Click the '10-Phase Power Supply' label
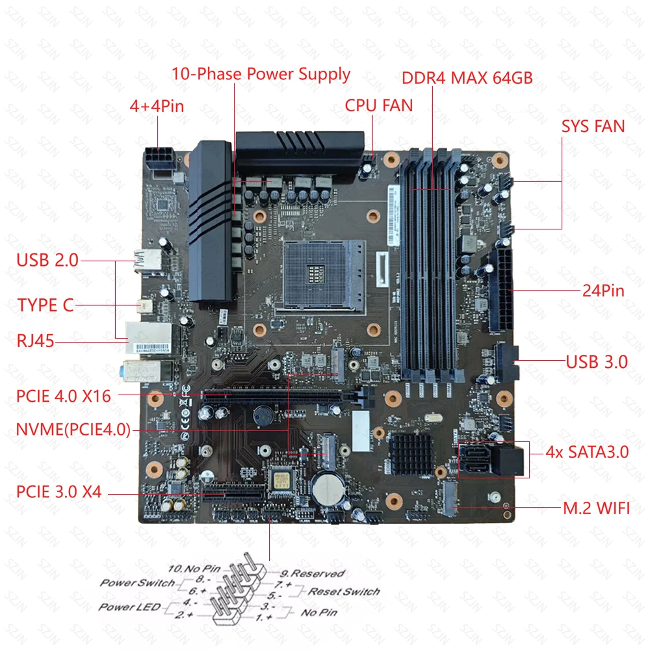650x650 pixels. point(261,73)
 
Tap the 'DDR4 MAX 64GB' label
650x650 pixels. point(467,78)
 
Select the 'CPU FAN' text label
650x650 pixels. point(378,105)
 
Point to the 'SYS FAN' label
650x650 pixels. point(593,126)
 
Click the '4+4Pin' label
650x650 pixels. point(157,106)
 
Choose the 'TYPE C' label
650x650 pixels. point(45,305)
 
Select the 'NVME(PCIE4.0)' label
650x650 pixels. point(73,430)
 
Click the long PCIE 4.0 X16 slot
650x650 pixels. point(272,395)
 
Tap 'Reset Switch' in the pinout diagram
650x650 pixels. point(343,591)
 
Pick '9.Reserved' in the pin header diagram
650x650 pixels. point(313,573)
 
